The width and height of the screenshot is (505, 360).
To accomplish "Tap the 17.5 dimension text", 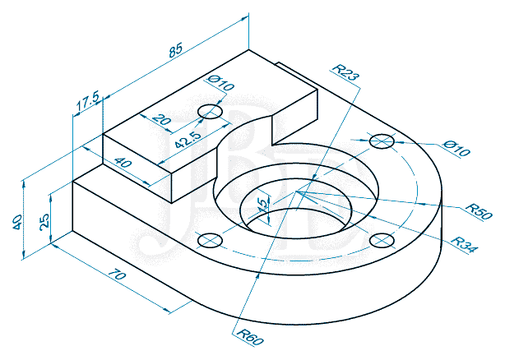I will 87,103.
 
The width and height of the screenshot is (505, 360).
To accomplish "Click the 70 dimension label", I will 117,278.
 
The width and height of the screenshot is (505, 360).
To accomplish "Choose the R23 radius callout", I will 345,72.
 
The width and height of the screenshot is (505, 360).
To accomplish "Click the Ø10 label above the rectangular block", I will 221,81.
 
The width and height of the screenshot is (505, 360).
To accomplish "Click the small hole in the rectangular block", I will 212,111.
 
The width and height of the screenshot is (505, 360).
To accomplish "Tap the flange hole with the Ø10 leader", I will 381,141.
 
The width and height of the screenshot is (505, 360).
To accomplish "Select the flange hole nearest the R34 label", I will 381,239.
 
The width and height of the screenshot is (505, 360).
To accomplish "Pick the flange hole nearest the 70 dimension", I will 210,240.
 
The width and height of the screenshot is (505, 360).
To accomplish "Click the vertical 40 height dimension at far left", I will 18,221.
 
